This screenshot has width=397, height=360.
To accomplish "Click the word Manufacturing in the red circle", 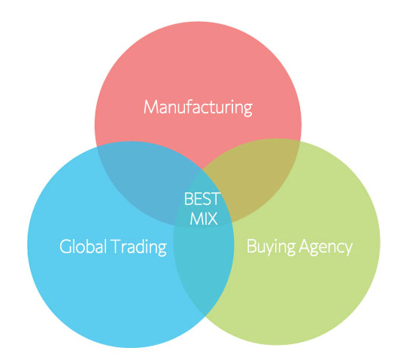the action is [198, 107].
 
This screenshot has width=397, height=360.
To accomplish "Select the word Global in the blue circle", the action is [83, 246].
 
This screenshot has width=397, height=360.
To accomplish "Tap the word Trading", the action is [139, 247].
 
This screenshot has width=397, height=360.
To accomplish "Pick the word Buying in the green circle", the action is [271, 247].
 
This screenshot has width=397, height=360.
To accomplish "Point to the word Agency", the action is [326, 247].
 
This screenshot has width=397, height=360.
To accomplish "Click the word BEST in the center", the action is [202, 198].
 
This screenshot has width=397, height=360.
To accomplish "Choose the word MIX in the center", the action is [204, 219].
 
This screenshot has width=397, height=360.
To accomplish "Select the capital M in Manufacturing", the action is [151, 107].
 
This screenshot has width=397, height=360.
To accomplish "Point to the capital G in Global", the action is [66, 247].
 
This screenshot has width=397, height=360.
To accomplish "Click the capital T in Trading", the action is [117, 247].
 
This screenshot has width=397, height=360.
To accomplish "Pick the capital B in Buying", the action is [252, 246].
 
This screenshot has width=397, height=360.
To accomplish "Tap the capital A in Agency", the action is [306, 246].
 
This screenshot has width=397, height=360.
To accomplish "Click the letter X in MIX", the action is [211, 219].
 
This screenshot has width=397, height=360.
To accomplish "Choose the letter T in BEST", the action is [215, 198].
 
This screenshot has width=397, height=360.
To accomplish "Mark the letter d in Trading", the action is [145, 247].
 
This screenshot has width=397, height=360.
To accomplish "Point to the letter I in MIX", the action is [202, 219].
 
